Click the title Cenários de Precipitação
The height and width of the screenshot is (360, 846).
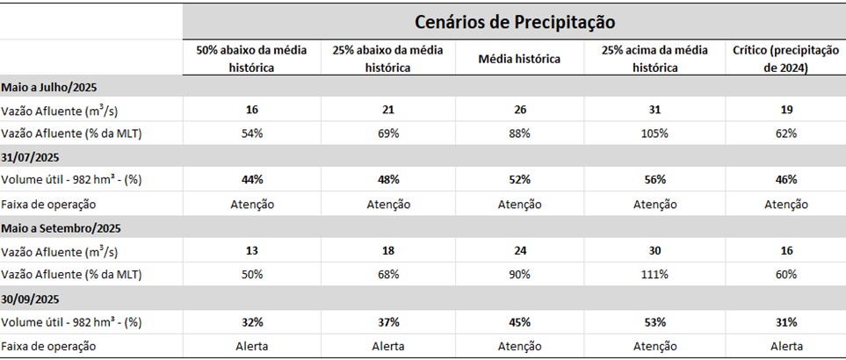pos(515,20)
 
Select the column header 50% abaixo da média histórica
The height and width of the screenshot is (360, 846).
pos(251,59)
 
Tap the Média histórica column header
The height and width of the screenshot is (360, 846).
pos(518,59)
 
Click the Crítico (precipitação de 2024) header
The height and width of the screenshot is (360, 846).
pos(785,59)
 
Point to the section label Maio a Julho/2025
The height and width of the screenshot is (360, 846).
pos(48,86)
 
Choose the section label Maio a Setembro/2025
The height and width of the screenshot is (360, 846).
pos(60,227)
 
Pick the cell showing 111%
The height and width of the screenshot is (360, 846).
pos(653,274)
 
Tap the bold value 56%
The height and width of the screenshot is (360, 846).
pos(653,180)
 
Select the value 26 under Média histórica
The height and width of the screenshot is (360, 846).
pos(518,110)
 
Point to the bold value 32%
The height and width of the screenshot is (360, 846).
pos(252,321)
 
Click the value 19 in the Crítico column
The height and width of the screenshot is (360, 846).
pos(786,110)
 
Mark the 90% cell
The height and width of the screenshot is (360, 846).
pos(518,274)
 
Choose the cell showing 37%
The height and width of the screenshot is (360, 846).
pos(388,321)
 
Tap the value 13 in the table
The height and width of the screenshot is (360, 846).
pos(252,251)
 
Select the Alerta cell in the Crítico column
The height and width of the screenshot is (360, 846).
pos(786,345)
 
